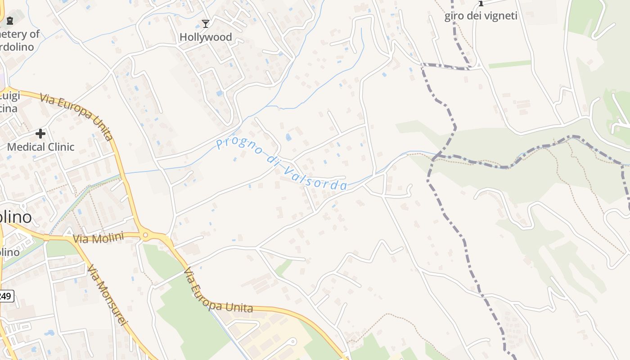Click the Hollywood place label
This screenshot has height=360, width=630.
pos(206,37)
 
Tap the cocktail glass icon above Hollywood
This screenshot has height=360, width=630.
pos(206,23)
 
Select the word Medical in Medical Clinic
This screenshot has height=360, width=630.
pos(25,147)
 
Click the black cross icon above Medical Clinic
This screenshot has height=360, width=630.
pos(40,134)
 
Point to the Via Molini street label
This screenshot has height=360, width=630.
pos(98,238)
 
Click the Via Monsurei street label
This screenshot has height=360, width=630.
pos(107,295)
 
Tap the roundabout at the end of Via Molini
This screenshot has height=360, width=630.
pos(145,235)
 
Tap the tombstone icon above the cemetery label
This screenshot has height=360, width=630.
pos(9,20)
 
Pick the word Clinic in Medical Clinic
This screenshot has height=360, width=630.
pos(59,147)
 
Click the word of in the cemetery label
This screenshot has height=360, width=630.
pos(35,34)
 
